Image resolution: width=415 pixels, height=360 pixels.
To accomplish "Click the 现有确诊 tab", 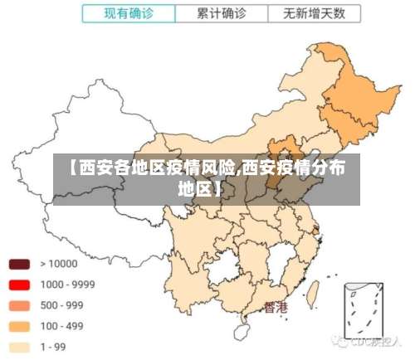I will tap(128, 13).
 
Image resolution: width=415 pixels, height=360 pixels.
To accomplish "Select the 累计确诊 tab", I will tap(222, 13).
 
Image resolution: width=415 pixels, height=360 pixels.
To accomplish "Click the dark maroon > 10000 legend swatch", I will tap(20, 265).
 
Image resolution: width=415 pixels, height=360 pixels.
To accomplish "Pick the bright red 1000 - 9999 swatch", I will tap(20, 285).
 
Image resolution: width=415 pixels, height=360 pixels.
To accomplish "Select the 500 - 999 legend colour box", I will tap(20, 304).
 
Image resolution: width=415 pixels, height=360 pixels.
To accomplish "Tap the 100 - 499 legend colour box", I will tap(20, 325).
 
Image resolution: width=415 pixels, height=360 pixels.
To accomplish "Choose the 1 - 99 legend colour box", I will tap(20, 346).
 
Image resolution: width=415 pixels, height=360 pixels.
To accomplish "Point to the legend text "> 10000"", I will tap(58, 265).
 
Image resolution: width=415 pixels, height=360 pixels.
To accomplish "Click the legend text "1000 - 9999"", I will tap(68, 285).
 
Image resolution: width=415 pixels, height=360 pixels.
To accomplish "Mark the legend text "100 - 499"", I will tap(62, 325).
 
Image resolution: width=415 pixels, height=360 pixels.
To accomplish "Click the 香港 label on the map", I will tap(276, 308).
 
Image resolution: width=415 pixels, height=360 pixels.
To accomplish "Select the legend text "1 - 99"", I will tap(55, 346).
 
